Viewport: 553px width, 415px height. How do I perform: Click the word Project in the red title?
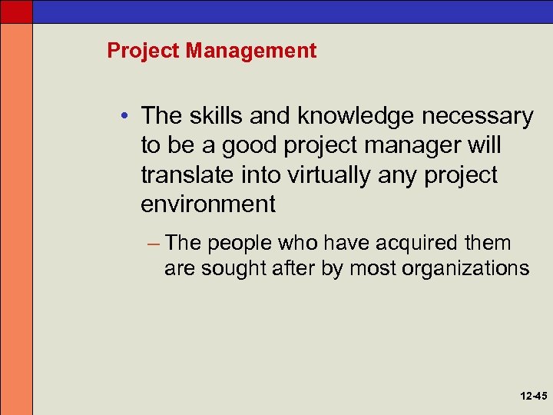[x=144, y=51]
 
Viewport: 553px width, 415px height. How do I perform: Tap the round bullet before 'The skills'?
[x=125, y=116]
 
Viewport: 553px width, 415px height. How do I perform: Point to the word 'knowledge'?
[x=342, y=116]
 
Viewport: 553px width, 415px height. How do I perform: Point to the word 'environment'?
[x=207, y=204]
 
